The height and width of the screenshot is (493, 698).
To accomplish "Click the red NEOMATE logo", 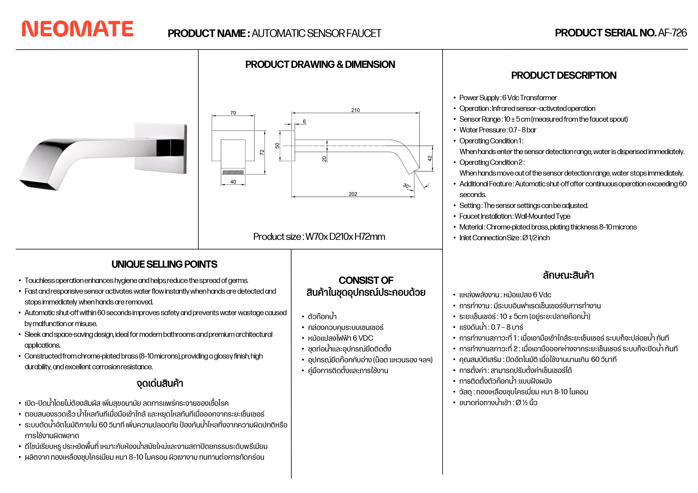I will click(x=78, y=29).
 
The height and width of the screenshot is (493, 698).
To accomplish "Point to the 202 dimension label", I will click(x=353, y=194).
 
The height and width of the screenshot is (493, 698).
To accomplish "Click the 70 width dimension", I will click(x=233, y=113).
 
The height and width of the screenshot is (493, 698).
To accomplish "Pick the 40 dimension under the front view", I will click(x=233, y=182).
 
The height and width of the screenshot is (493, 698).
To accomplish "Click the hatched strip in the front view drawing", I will click(x=233, y=172).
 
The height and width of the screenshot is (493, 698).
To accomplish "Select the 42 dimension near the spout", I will click(x=430, y=158).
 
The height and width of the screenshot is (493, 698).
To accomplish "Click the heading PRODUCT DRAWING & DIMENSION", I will click(x=320, y=64).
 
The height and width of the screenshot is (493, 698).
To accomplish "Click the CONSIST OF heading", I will click(x=366, y=280).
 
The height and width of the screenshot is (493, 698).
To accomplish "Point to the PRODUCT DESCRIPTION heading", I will click(x=563, y=75).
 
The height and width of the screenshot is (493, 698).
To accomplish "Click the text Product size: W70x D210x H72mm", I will click(x=319, y=236).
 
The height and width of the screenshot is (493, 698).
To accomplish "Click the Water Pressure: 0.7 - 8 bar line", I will click(x=498, y=130).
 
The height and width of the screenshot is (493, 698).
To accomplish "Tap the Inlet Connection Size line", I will click(x=504, y=238).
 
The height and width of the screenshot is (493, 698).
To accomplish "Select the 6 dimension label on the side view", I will click(x=304, y=121).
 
